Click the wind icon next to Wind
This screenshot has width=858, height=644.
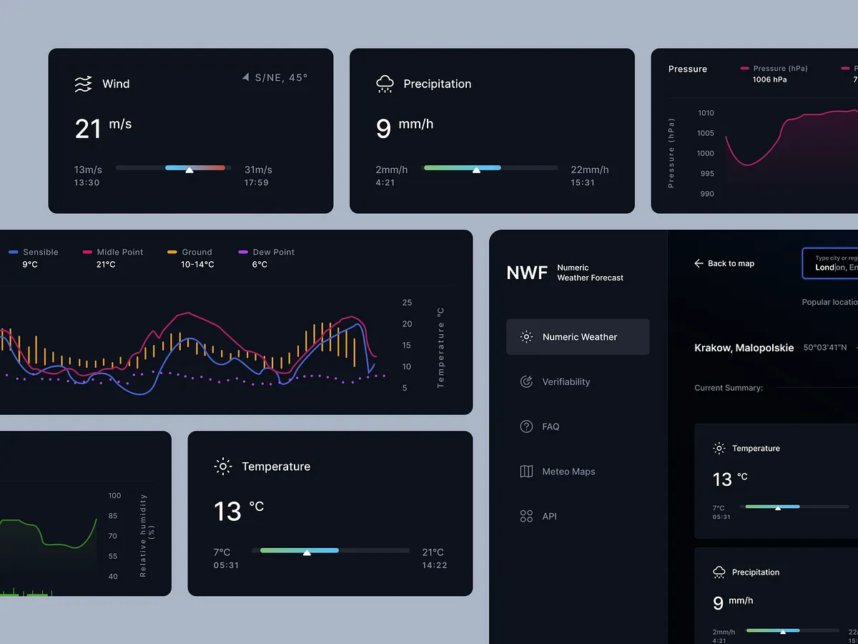pyautogui.click(x=84, y=84)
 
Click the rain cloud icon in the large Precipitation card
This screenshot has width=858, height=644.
pyautogui.click(x=385, y=84)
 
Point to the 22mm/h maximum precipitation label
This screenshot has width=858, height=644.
pyautogui.click(x=589, y=170)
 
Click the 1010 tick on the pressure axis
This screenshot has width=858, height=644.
pyautogui.click(x=705, y=113)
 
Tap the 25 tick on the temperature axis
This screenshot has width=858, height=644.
pyautogui.click(x=407, y=303)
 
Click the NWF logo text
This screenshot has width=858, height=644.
pyautogui.click(x=527, y=273)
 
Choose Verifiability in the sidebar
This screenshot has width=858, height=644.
pyautogui.click(x=566, y=382)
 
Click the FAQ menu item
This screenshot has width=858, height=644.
pyautogui.click(x=551, y=426)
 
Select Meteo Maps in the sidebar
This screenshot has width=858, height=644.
pyautogui.click(x=568, y=472)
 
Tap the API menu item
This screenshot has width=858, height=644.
pyautogui.click(x=549, y=516)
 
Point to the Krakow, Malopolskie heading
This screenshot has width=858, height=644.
pyautogui.click(x=744, y=348)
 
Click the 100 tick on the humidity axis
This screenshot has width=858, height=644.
pyautogui.click(x=114, y=495)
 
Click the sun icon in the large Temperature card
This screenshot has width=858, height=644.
pyautogui.click(x=223, y=467)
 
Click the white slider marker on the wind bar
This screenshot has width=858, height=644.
pyautogui.click(x=189, y=170)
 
